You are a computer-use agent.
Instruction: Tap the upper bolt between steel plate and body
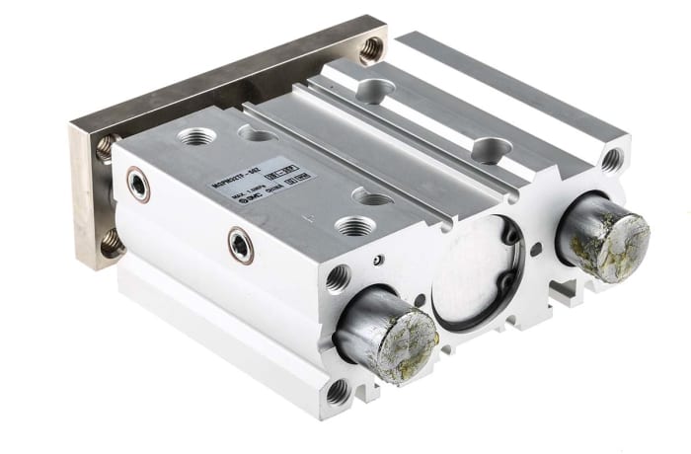pyautogui.click(x=107, y=148)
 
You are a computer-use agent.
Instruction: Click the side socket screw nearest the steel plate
pyautogui.click(x=139, y=185)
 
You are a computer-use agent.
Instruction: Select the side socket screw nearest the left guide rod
pyautogui.click(x=240, y=245)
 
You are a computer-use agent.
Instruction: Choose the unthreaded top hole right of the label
pyautogui.click(x=373, y=198)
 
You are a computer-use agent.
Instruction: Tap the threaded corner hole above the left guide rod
pyautogui.click(x=337, y=277)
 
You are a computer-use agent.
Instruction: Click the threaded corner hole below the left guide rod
pyautogui.click(x=338, y=391)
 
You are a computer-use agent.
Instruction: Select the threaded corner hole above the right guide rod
pyautogui.click(x=612, y=158)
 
